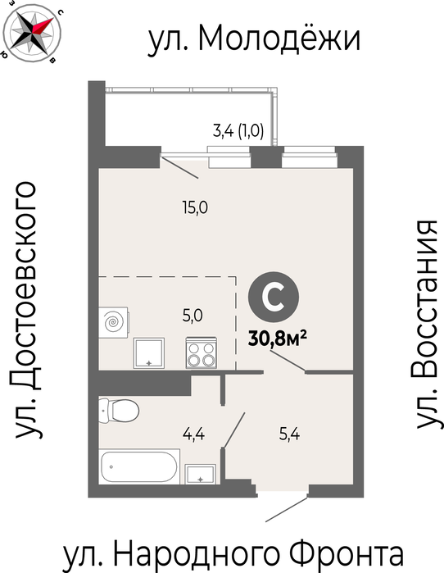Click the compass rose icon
click(31, 31)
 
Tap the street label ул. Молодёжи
click(254, 39)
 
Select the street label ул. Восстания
click(426, 324)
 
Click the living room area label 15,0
click(195, 208)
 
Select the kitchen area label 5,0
click(193, 315)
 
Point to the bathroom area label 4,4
click(193, 434)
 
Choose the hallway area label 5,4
click(289, 434)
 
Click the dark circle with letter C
click(274, 297)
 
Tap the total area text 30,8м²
click(277, 339)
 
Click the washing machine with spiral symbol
click(114, 322)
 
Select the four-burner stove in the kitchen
click(202, 352)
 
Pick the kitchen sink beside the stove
click(148, 353)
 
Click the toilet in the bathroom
click(119, 411)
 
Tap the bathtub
click(139, 466)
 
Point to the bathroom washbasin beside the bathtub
click(200, 474)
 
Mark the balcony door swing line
click(179, 167)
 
